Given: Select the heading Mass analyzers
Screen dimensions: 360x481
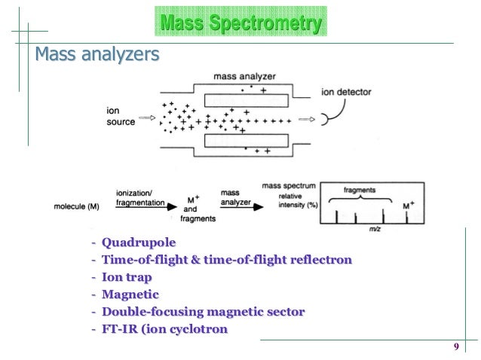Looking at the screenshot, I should pyautogui.click(x=97, y=55).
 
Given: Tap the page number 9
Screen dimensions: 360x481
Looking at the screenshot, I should pyautogui.click(x=456, y=346).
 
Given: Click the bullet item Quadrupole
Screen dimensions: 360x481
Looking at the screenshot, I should pyautogui.click(x=139, y=243).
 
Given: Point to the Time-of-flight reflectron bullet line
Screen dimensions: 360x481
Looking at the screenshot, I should pyautogui.click(x=227, y=261).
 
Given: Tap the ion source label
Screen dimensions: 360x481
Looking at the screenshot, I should pyautogui.click(x=120, y=117).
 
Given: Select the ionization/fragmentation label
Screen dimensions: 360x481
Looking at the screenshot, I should pyautogui.click(x=139, y=197).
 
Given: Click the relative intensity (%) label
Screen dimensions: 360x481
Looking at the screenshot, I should pyautogui.click(x=282, y=199).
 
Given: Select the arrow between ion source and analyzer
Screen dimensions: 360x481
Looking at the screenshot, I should pyautogui.click(x=149, y=118).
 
